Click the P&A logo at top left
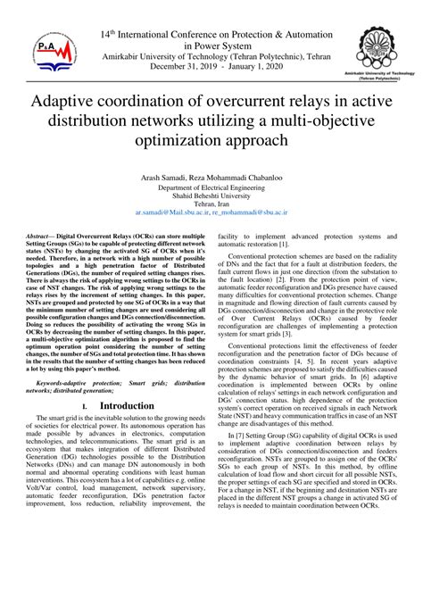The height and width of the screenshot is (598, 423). [46, 57]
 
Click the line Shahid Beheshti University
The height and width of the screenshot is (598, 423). [211, 196]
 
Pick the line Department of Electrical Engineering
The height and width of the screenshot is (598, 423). [211, 188]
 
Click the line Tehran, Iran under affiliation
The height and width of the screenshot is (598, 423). [211, 205]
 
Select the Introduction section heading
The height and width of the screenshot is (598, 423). [128, 406]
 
